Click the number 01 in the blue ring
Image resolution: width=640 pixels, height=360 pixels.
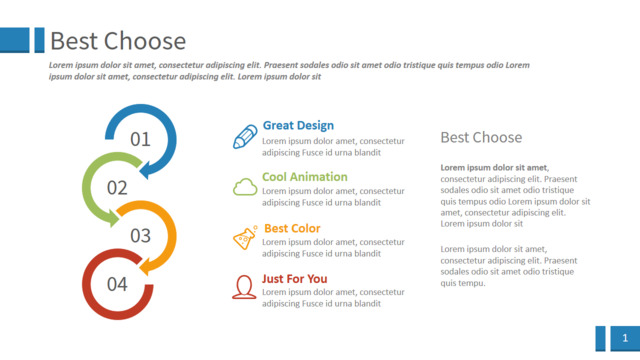coord(140,139)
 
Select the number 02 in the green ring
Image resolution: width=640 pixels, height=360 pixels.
coord(117,188)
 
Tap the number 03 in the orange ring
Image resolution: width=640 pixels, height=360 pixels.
coord(140,236)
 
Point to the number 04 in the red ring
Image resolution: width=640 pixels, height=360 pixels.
coord(117,284)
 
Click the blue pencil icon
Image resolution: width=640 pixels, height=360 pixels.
coord(245,136)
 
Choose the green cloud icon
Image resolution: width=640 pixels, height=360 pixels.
coord(245,187)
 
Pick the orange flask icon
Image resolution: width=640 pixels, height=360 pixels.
coord(245,237)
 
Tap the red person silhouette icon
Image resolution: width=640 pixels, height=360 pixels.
coord(244,287)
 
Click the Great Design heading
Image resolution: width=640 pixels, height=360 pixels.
coord(298,125)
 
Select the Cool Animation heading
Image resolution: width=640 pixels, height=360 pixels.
coord(304,177)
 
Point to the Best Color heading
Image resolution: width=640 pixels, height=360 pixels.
coord(292,228)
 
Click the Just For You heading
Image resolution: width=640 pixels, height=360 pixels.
coord(294,279)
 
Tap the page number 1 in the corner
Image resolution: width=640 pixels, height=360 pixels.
coord(625,338)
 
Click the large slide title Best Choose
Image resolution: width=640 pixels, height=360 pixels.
coord(118,41)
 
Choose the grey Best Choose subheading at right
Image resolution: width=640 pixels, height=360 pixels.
coord(481,138)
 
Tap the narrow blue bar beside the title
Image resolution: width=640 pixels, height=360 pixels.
coord(40,40)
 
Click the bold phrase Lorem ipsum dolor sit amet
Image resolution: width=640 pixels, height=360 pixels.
coord(494,167)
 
